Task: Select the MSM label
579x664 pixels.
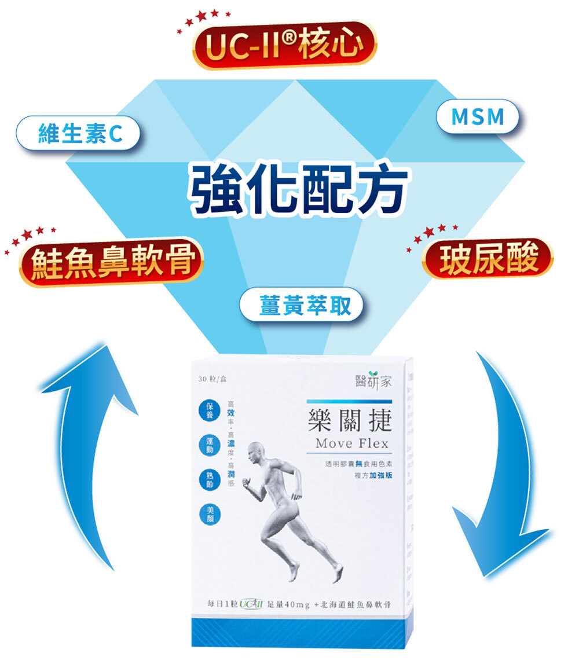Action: (478, 118)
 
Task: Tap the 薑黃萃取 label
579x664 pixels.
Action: (302, 306)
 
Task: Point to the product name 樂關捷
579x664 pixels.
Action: (350, 419)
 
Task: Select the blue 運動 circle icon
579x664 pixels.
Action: (208, 445)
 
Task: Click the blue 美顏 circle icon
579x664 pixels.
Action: (208, 512)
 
